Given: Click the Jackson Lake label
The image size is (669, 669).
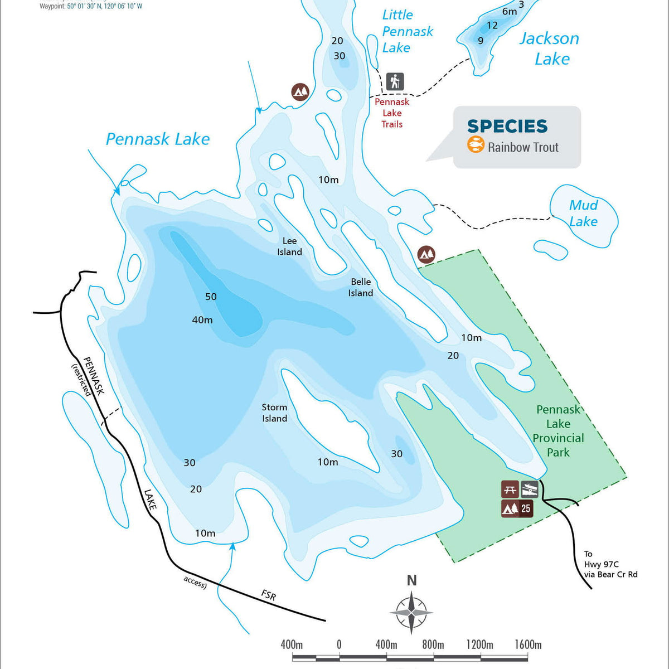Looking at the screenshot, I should [550, 49].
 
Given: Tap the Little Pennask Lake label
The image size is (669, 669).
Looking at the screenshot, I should [407, 31].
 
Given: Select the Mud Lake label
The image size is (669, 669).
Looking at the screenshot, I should [583, 213].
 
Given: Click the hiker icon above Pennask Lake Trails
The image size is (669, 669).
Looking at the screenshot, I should [395, 82].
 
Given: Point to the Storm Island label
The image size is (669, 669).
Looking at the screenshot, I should [275, 413].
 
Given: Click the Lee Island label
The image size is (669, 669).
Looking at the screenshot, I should [290, 246].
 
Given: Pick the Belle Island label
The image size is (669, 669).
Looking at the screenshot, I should [361, 287].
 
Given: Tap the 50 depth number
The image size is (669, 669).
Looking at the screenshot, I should [211, 297].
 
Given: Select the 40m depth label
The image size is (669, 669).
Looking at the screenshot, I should [202, 320].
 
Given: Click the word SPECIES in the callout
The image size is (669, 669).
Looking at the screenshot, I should [507, 127].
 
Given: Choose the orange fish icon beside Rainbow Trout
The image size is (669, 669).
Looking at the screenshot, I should [476, 145].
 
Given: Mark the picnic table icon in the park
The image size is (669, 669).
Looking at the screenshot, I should [510, 489].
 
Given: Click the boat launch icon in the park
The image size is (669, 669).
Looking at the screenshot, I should [530, 489].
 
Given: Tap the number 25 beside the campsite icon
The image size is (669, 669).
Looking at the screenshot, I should [526, 508].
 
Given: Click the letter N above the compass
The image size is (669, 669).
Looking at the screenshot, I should [412, 580].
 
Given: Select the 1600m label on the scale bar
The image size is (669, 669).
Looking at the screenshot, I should [528, 645].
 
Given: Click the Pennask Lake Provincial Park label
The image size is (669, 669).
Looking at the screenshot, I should [558, 431].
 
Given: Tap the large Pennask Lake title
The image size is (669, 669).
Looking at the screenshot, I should [158, 139].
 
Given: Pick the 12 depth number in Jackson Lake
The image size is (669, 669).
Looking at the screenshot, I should [492, 25].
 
